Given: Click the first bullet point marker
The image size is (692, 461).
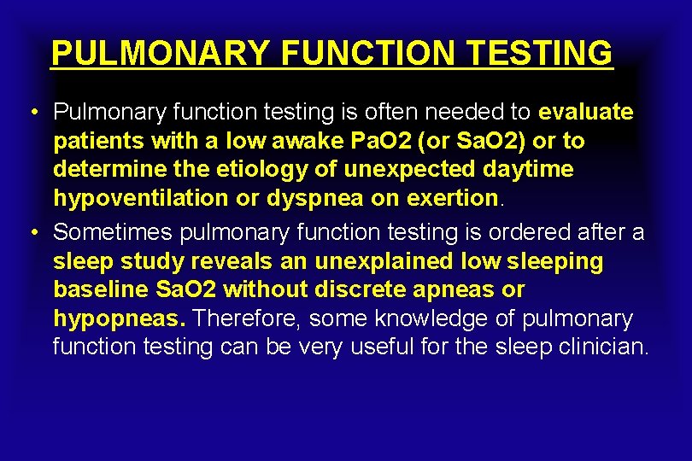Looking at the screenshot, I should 31,113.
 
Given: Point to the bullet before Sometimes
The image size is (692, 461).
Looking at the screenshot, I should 31,231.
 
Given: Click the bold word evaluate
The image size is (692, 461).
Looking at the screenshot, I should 586,112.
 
